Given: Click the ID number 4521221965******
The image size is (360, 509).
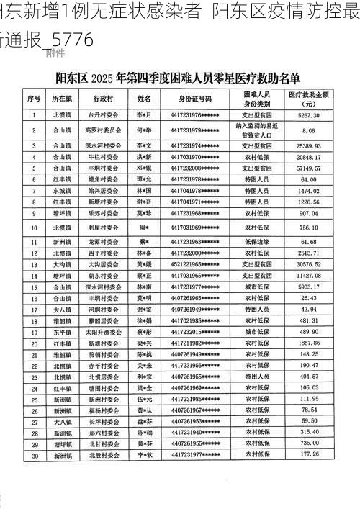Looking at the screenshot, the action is click(195, 264).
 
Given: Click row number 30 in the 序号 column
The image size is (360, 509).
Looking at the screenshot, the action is click(34, 455).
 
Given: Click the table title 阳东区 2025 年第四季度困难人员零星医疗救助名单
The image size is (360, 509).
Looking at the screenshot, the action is click(179, 77).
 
